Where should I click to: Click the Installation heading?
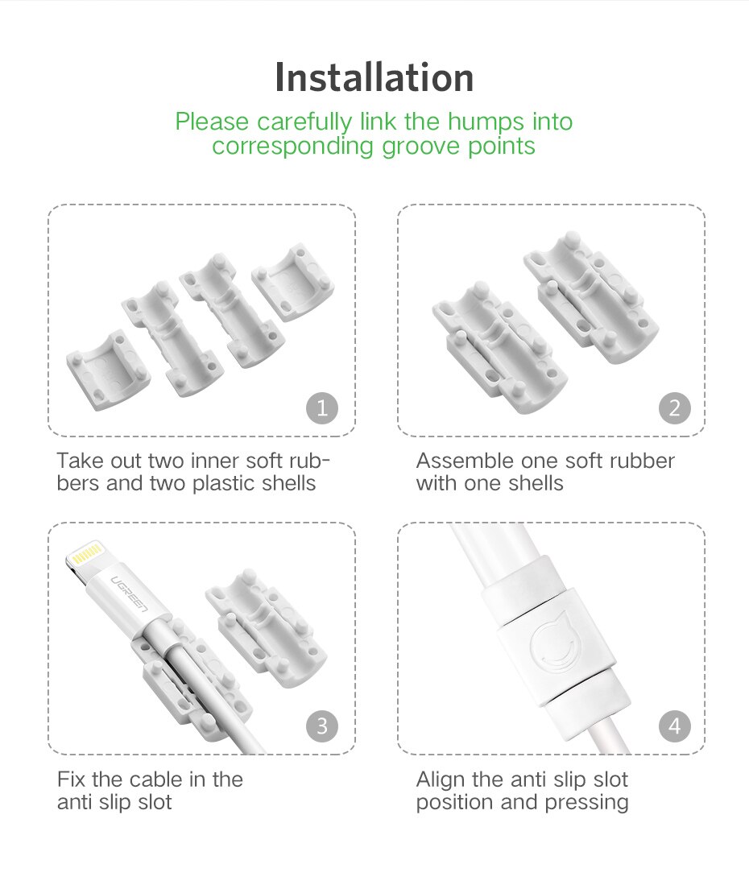tap(374, 78)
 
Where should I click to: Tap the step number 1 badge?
tap(322, 409)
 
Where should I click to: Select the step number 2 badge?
tap(674, 409)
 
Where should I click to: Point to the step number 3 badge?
tap(322, 726)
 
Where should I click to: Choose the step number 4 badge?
tap(674, 726)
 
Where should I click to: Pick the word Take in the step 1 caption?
tap(78, 461)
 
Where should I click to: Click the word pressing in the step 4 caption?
tap(590, 803)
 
